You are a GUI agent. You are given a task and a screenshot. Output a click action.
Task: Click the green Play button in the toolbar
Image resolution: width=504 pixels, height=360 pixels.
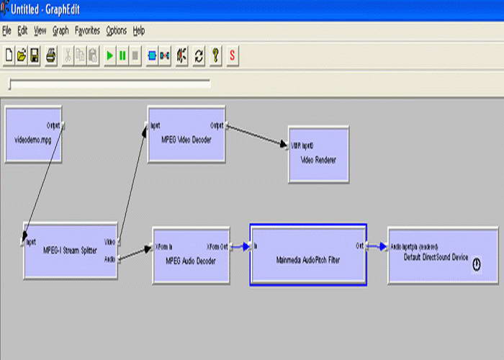coord(110,55)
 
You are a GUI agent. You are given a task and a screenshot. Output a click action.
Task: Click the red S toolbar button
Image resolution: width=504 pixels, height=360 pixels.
coord(233,55)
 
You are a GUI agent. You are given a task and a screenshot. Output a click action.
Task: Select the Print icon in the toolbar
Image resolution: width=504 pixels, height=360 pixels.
coord(51,55)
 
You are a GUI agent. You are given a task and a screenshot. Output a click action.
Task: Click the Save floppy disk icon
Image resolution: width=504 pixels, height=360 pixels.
coord(35,55)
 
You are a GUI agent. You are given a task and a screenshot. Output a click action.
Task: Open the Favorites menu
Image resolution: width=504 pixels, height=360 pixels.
coord(87,31)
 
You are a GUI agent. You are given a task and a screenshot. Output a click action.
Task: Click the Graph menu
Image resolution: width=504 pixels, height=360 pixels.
coord(60,31)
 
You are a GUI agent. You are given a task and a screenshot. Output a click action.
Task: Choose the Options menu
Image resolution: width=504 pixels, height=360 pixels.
coord(116,31)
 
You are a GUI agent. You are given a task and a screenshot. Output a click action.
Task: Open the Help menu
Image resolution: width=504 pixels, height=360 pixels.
coord(139,31)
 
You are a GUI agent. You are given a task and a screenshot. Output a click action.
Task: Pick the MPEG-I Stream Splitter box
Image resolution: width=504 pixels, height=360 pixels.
coord(70,250)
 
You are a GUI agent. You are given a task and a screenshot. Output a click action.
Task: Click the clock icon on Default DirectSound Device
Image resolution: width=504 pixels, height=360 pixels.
coord(476,265)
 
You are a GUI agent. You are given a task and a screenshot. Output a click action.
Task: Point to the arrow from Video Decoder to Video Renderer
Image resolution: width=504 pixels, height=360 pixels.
coord(257,136)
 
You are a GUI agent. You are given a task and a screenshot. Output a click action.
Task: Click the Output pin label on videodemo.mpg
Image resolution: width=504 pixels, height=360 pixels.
coord(53,125)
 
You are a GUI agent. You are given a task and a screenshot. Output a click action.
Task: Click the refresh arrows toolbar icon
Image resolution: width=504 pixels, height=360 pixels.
coord(199,55)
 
